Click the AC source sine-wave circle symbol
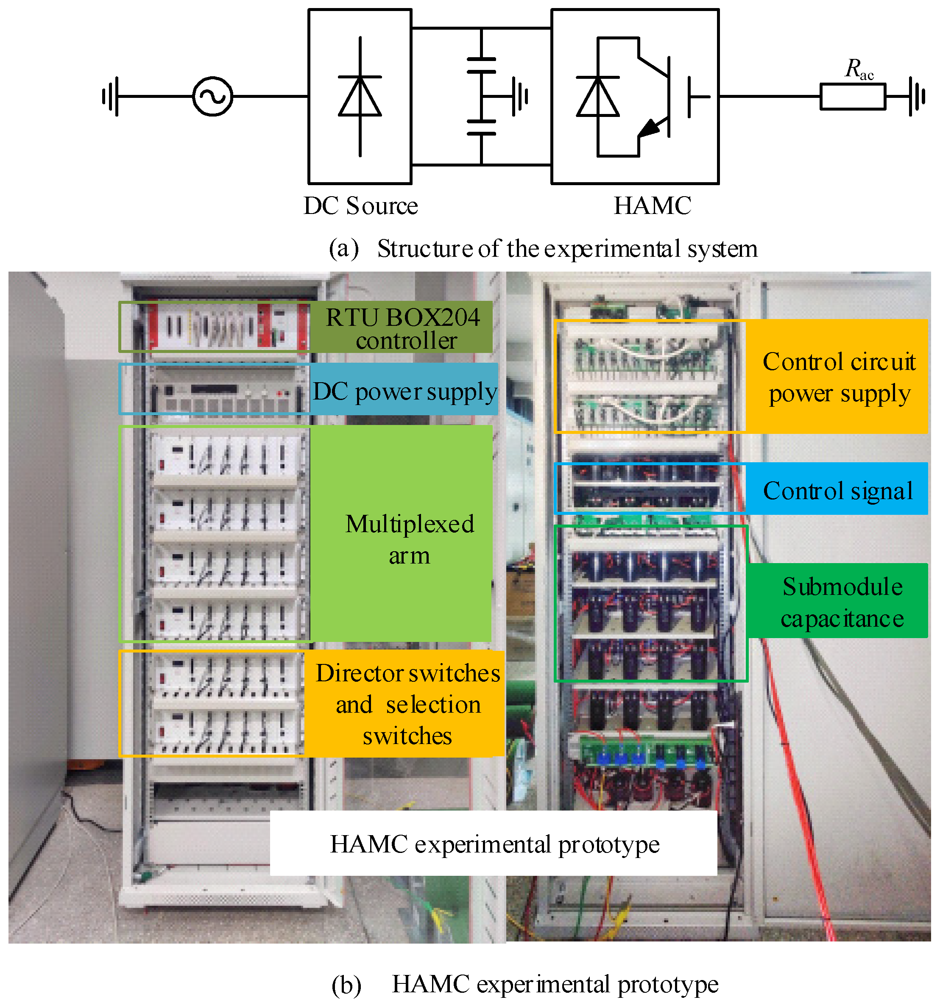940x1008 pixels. [212, 96]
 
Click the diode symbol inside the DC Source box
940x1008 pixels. [360, 96]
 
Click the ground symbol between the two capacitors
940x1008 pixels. [519, 96]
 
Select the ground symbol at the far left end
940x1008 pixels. [111, 96]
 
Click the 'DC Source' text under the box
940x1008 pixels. [360, 206]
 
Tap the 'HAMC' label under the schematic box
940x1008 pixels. [652, 206]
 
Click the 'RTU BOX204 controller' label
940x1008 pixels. [402, 328]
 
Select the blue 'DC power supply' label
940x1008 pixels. [404, 391]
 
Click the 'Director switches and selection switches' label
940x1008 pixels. [407, 704]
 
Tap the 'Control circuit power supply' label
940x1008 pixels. [839, 377]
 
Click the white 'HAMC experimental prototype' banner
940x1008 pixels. [494, 844]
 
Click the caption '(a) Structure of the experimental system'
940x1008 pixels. [542, 248]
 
